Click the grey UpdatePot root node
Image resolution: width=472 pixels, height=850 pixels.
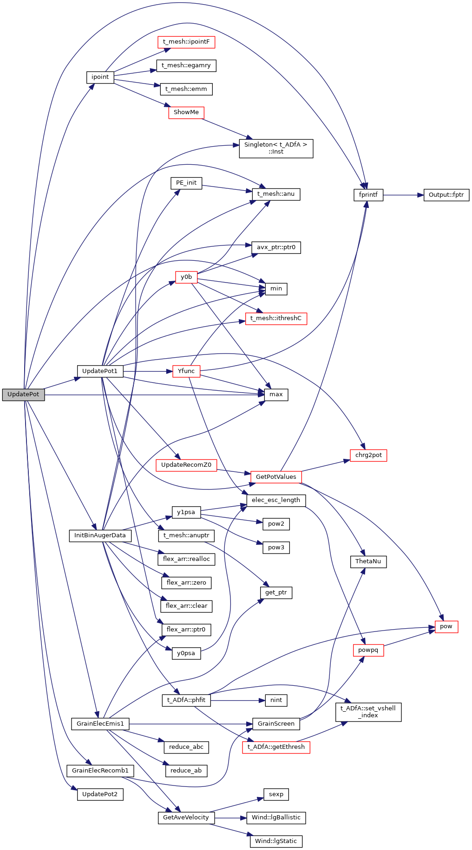(23, 394)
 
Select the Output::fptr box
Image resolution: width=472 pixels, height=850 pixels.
(446, 195)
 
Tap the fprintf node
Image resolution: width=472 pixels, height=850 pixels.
(368, 195)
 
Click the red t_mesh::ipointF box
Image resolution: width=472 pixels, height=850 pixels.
(186, 42)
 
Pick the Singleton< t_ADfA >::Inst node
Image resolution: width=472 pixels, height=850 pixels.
(276, 148)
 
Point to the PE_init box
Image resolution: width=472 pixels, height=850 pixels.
(186, 183)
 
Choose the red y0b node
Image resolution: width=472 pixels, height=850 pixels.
(186, 277)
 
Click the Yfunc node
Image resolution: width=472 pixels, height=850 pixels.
(186, 371)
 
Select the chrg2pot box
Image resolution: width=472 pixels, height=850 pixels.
(368, 455)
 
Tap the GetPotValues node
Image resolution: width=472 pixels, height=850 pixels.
(276, 477)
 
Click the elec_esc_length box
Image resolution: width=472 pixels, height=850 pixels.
(276, 500)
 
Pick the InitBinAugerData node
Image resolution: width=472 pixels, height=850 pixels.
(100, 535)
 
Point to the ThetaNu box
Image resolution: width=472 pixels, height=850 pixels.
(368, 561)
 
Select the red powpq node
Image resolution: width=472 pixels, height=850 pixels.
(368, 650)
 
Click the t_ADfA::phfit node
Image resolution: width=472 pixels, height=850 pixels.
(186, 700)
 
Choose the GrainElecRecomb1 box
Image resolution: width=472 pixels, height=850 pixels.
(100, 771)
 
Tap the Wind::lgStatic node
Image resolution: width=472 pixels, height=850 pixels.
(276, 841)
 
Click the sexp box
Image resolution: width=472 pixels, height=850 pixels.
(276, 794)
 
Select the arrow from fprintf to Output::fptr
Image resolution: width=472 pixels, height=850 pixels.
(403, 195)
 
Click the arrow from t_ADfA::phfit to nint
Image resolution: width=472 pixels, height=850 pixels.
(237, 700)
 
